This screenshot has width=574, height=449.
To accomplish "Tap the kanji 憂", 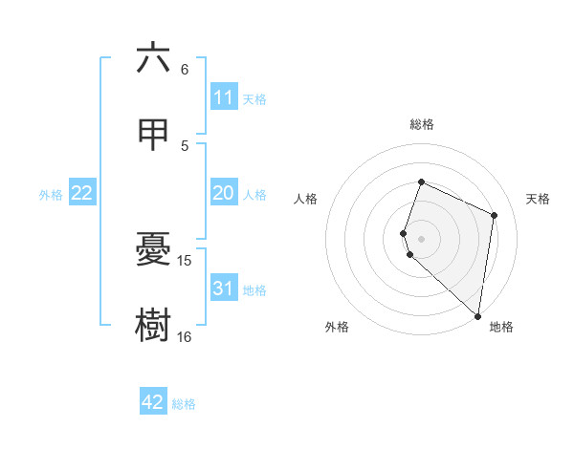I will tap(153, 249).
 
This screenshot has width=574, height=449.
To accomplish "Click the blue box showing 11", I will tap(224, 97).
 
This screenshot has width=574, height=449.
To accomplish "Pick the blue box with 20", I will tap(224, 194).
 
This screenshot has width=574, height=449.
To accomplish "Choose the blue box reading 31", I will tap(224, 289).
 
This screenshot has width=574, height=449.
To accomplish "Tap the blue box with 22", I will tap(82, 194).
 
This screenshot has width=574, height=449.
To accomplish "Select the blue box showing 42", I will tap(153, 402).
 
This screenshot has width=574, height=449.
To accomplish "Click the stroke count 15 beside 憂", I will tap(185, 260).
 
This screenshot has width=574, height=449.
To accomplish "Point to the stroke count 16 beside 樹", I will tap(185, 336).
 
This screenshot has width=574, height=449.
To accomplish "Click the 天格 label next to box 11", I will tap(254, 98).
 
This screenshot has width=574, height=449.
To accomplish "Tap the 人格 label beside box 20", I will tap(254, 195).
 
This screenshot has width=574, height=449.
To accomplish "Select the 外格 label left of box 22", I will tap(51, 195).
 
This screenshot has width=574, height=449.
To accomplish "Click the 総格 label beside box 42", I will tap(184, 403).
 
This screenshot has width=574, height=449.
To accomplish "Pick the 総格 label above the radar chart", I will tap(421, 124).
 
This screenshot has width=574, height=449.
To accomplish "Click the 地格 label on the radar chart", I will tap(501, 327).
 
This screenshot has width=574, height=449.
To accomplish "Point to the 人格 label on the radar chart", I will tap(305, 199).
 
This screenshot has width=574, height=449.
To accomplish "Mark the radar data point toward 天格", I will tap(495, 215).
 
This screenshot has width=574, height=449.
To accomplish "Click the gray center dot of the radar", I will tap(421, 238).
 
